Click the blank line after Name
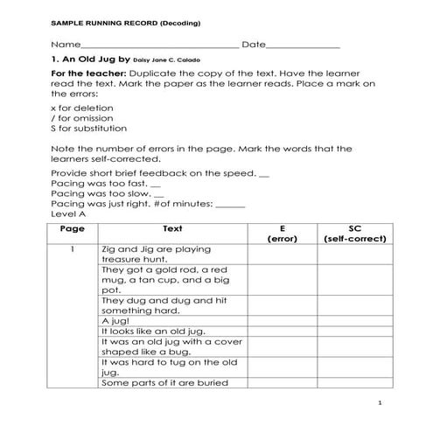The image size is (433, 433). pyautogui.click(x=158, y=45)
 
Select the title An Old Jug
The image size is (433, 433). pyautogui.click(x=91, y=62)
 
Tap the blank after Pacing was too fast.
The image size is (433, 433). pyautogui.click(x=156, y=185)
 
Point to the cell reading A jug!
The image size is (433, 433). pyautogui.click(x=116, y=321)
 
